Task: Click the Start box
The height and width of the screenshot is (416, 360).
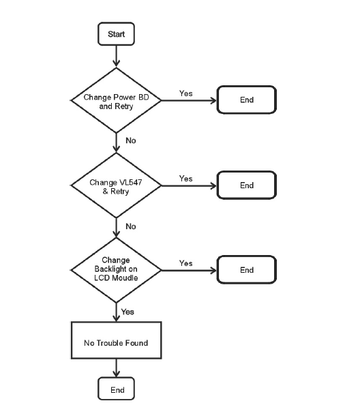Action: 116,33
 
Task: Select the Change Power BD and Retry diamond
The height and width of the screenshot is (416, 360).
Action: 116,100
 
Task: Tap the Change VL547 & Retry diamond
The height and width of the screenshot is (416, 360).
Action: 116,185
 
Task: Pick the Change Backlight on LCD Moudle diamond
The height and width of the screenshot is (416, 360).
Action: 116,270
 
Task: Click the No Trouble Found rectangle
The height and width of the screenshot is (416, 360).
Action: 116,340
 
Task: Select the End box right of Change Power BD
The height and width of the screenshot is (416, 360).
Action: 247,100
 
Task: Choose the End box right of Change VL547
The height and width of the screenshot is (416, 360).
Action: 247,185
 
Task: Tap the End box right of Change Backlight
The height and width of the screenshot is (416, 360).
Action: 247,270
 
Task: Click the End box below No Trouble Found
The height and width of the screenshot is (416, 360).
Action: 116,389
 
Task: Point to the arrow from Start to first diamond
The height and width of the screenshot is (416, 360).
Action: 116,56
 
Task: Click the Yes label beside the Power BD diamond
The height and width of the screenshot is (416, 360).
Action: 185,93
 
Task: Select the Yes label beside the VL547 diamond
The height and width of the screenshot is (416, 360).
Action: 185,179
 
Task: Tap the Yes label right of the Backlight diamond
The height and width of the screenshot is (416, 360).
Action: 185,263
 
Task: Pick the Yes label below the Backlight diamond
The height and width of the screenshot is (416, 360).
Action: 127,312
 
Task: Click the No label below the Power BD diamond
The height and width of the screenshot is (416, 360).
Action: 131,140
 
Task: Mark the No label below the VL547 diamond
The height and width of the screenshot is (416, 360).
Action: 131,226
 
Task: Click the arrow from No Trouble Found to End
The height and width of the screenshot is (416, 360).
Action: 116,368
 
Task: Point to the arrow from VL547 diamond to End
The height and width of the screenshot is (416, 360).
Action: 189,185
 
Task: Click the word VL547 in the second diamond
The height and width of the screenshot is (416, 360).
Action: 131,182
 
